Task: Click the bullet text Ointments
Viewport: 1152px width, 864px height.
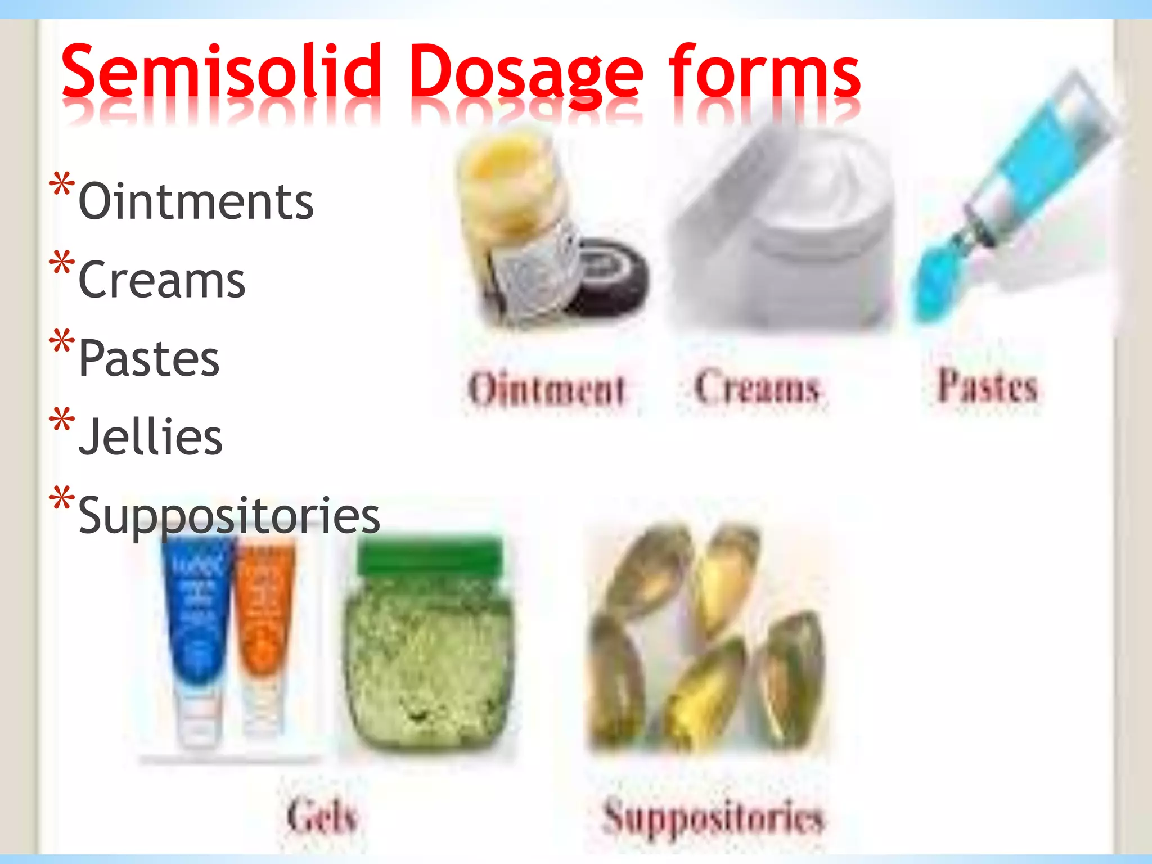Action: pyautogui.click(x=196, y=201)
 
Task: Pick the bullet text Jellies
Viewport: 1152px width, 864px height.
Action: pyautogui.click(x=150, y=437)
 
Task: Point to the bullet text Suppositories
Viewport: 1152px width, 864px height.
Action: pyautogui.click(x=229, y=515)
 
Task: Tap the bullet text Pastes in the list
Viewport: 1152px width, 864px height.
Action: pyautogui.click(x=148, y=359)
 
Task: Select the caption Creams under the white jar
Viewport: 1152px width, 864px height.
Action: pyautogui.click(x=757, y=387)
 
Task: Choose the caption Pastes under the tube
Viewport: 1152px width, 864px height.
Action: pyautogui.click(x=987, y=386)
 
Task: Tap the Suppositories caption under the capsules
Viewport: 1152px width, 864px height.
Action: pyautogui.click(x=713, y=817)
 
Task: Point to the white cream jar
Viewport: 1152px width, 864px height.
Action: pyautogui.click(x=782, y=236)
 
